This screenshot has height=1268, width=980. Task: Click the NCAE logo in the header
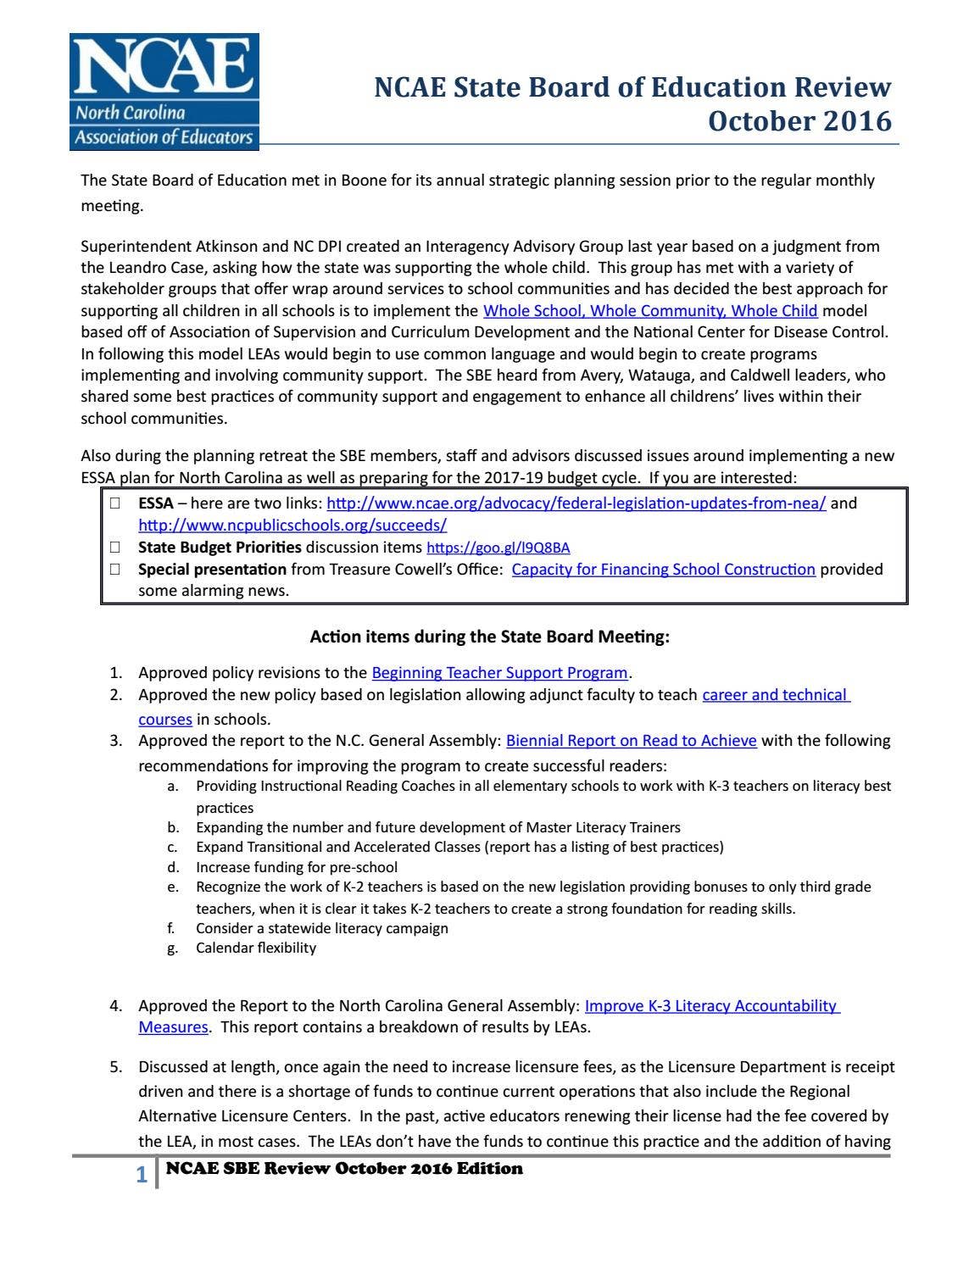pyautogui.click(x=164, y=92)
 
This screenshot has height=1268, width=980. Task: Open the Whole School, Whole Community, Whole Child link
pyautogui.click(x=649, y=311)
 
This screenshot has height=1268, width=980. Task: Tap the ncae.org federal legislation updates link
pyautogui.click(x=576, y=503)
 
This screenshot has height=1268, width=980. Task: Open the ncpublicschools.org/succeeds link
pyautogui.click(x=292, y=525)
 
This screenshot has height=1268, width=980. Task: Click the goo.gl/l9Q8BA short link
pyautogui.click(x=498, y=548)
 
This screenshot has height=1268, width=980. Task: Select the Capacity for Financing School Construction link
pyautogui.click(x=663, y=570)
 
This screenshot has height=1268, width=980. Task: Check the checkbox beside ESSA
pyautogui.click(x=114, y=503)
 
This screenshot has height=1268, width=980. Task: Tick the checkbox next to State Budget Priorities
pyautogui.click(x=114, y=548)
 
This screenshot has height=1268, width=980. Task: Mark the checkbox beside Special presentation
pyautogui.click(x=114, y=570)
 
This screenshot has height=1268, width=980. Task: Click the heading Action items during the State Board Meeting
pyautogui.click(x=489, y=637)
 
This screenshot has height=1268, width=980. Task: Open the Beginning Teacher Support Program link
pyautogui.click(x=499, y=673)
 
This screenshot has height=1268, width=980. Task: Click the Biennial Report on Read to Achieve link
pyautogui.click(x=631, y=741)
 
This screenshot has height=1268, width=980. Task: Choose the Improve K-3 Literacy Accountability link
pyautogui.click(x=711, y=1006)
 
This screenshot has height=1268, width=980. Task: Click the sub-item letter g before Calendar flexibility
pyautogui.click(x=172, y=948)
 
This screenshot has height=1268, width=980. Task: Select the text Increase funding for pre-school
pyautogui.click(x=296, y=867)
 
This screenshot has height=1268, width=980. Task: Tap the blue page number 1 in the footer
pyautogui.click(x=142, y=1175)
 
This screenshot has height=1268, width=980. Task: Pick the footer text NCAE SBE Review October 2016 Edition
pyautogui.click(x=344, y=1169)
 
